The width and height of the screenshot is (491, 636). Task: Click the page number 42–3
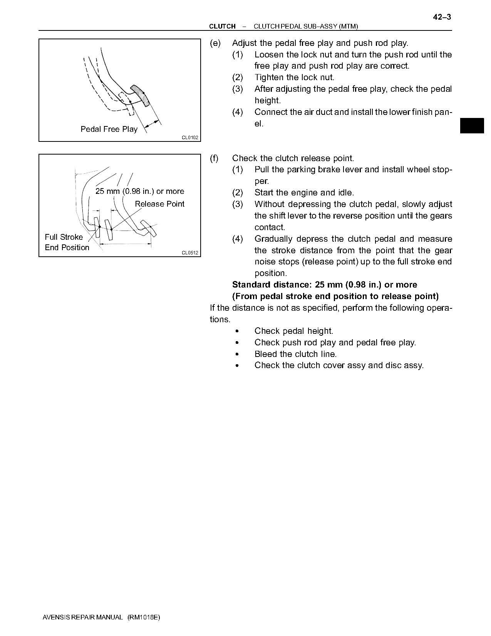[442, 17]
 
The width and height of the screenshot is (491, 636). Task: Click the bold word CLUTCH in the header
[222, 26]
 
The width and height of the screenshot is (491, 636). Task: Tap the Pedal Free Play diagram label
[109, 129]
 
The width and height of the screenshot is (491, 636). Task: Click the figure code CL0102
[190, 138]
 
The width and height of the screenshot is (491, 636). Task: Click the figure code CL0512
[190, 253]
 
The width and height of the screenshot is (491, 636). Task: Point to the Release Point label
[159, 204]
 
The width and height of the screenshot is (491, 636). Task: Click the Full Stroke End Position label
[67, 242]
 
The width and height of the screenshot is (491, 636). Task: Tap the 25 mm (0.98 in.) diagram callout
[139, 191]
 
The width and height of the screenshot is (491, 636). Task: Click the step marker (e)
[215, 43]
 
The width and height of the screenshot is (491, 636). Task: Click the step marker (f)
[214, 158]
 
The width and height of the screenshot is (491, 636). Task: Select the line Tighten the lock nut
[294, 77]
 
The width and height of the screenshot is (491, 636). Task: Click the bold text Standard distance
[272, 285]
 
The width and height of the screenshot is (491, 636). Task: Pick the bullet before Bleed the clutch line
[237, 354]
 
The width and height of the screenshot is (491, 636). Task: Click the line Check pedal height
[293, 331]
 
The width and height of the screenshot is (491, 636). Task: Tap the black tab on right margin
[472, 126]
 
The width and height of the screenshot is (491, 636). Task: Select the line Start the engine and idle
[304, 193]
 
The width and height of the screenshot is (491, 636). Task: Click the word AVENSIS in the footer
[56, 617]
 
